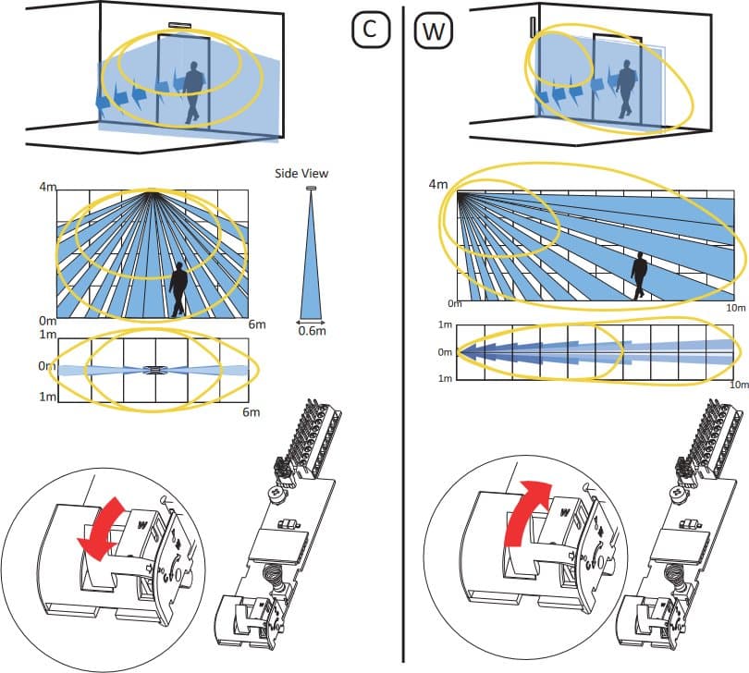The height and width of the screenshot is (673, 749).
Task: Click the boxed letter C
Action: point(369,30)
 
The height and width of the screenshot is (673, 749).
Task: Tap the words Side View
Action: point(301,173)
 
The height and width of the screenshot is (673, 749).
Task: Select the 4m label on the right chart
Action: point(438,185)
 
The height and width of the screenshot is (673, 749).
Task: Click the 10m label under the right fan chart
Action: point(734,308)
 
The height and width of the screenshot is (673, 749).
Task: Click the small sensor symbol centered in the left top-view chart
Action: point(155,370)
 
